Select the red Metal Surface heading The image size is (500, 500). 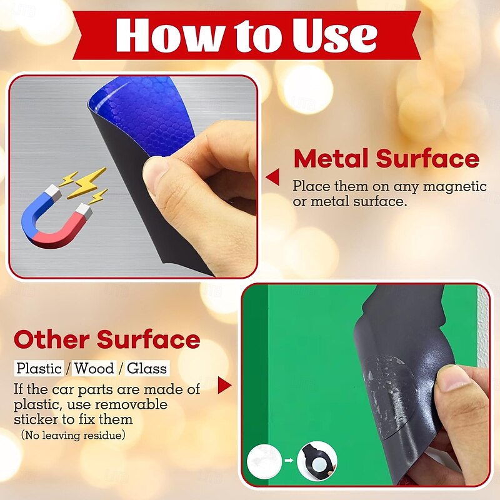[x=386, y=158]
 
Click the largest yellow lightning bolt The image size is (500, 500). [x=87, y=182]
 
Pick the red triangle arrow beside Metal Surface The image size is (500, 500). [x=272, y=177]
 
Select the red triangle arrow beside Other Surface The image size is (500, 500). [x=224, y=385]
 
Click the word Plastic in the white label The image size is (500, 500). [x=39, y=369]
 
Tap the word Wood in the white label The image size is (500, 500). [x=94, y=369]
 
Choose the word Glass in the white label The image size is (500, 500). [x=147, y=369]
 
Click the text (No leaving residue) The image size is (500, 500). [x=73, y=435]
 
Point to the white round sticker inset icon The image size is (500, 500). [x=264, y=460]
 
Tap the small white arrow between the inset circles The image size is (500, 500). [x=289, y=460]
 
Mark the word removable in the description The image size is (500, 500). [x=131, y=404]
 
